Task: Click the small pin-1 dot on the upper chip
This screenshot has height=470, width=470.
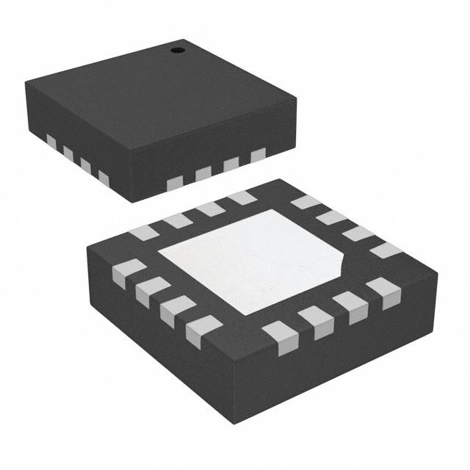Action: point(177,50)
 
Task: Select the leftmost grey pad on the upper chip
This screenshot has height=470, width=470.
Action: point(51,140)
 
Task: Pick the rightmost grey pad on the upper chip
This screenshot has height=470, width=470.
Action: point(258,156)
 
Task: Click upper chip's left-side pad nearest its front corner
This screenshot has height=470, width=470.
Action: point(104,178)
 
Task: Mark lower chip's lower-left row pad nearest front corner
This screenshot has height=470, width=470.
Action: point(203,330)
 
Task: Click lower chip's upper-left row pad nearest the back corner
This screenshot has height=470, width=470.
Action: point(242,198)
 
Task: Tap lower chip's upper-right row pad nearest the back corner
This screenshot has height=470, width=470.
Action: point(306,202)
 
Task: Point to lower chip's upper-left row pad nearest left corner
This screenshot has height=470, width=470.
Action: point(144,233)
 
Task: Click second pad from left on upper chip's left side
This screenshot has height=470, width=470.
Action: point(68,153)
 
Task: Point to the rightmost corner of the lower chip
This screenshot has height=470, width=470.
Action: point(438,273)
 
